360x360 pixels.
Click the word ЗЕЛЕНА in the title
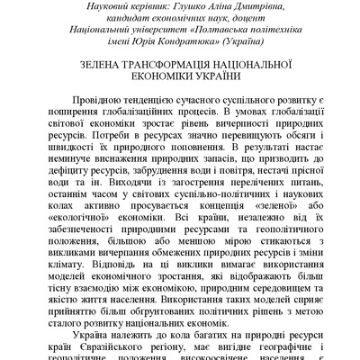[x=102, y=67]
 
